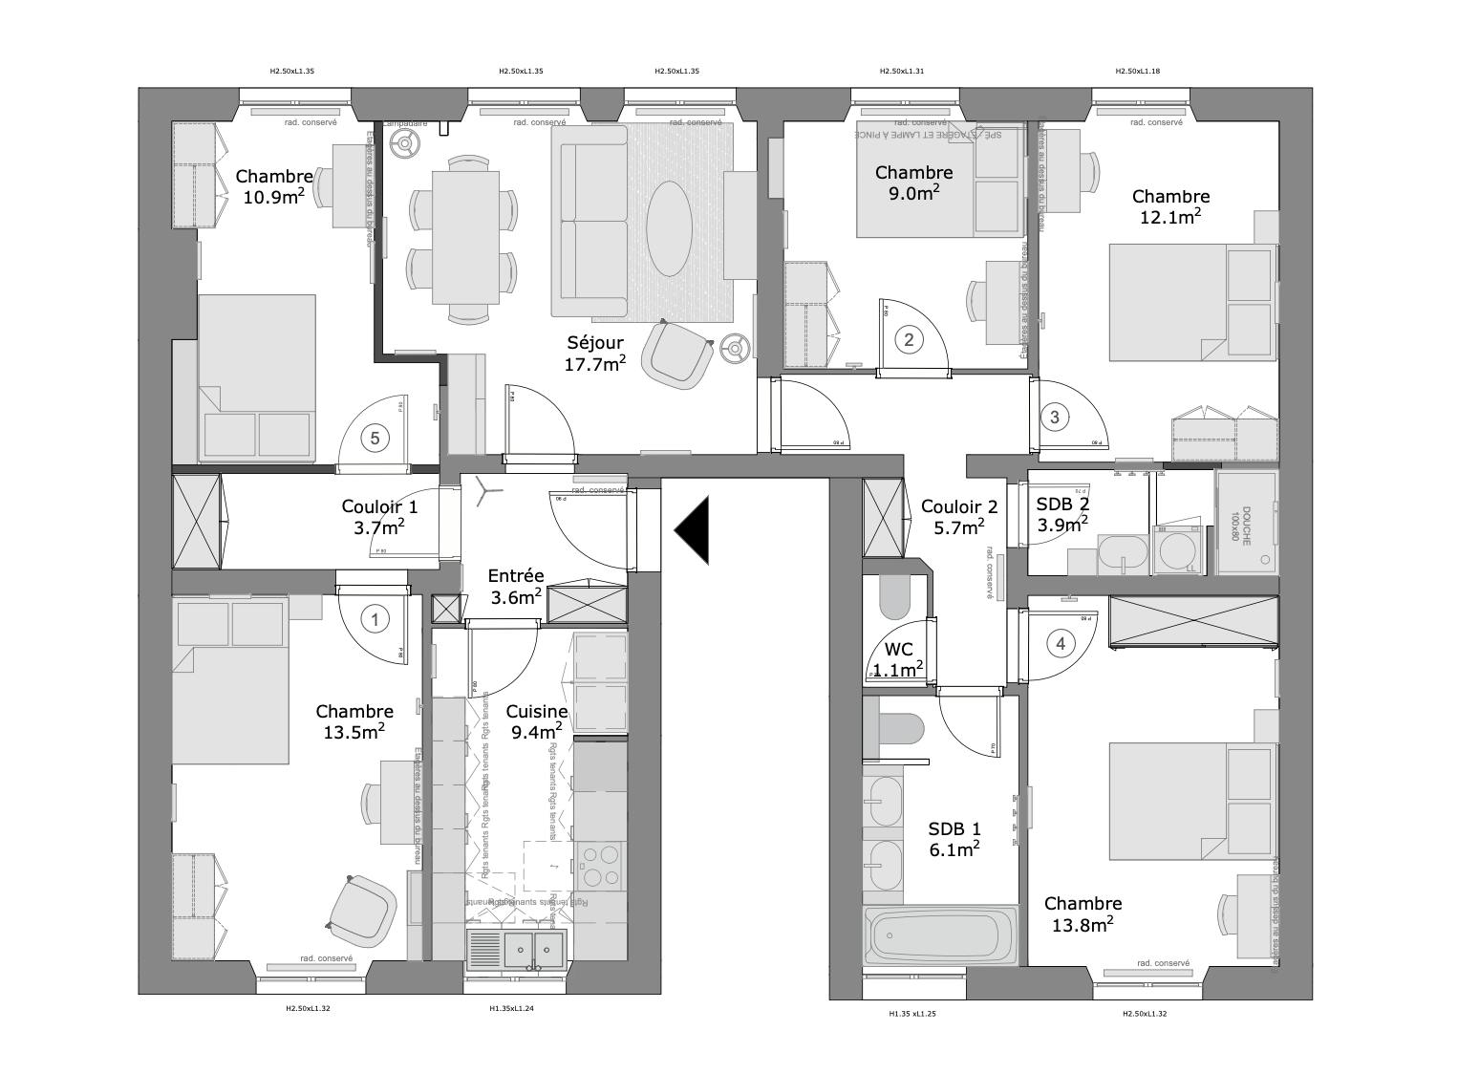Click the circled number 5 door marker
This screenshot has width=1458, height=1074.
(375, 439)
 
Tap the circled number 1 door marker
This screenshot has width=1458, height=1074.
(375, 620)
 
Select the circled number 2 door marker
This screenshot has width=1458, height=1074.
(909, 339)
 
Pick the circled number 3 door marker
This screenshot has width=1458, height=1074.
(1054, 417)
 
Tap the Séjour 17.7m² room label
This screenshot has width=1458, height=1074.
(595, 353)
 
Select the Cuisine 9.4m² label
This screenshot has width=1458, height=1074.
(536, 721)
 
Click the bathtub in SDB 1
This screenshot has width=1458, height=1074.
(941, 936)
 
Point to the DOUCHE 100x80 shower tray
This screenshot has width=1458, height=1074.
(1245, 522)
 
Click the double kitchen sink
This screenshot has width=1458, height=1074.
(535, 950)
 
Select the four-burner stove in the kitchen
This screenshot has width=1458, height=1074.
(600, 867)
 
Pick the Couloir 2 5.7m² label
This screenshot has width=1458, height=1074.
(959, 517)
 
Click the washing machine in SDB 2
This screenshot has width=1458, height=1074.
(1179, 549)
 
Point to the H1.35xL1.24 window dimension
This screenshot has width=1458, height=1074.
(511, 1009)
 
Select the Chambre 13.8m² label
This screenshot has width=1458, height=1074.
(1083, 913)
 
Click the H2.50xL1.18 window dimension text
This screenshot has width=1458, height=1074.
(1137, 71)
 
